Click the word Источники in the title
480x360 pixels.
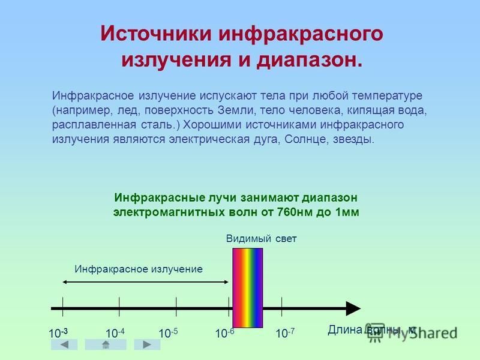(x=155, y=33)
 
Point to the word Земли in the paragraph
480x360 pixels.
(x=236, y=110)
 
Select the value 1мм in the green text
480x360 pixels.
(x=347, y=212)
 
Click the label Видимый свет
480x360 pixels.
(x=261, y=238)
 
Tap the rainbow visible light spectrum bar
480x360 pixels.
(x=248, y=288)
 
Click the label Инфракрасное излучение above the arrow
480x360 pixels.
(x=139, y=269)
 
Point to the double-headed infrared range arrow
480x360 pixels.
(x=145, y=282)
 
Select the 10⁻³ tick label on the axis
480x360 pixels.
(x=58, y=333)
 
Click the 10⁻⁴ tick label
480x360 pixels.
(x=115, y=333)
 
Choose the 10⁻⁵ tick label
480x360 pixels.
(x=168, y=333)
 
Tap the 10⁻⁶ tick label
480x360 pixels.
(x=224, y=333)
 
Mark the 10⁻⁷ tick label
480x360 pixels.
(x=285, y=333)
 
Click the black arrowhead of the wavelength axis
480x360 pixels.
(x=353, y=308)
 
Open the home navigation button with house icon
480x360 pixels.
(x=106, y=344)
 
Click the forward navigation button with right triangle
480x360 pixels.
(x=147, y=344)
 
